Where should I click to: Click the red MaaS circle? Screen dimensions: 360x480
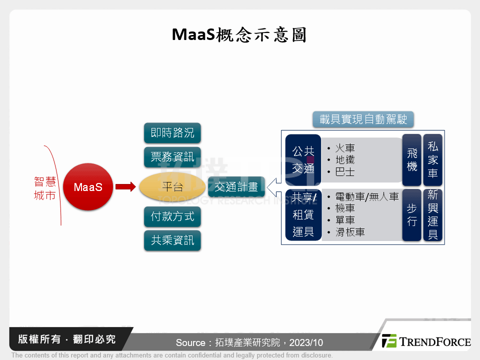pyautogui.click(x=88, y=187)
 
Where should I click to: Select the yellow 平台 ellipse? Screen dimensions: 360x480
pyautogui.click(x=172, y=187)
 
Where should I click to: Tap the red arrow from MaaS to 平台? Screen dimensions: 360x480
pyautogui.click(x=125, y=187)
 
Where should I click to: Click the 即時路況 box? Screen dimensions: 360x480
pyautogui.click(x=172, y=133)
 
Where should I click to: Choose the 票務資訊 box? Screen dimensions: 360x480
pyautogui.click(x=172, y=156)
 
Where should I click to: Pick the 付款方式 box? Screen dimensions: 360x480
pyautogui.click(x=172, y=216)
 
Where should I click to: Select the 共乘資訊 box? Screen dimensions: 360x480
pyautogui.click(x=172, y=240)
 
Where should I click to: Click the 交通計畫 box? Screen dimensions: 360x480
pyautogui.click(x=236, y=187)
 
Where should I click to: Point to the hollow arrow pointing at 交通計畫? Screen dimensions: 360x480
pyautogui.click(x=274, y=187)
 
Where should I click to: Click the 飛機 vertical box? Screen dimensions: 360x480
pyautogui.click(x=412, y=159)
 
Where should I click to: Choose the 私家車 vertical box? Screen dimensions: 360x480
pyautogui.click(x=433, y=159)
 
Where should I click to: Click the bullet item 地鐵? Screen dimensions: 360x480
pyautogui.click(x=345, y=160)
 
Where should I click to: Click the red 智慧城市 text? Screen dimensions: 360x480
pyautogui.click(x=45, y=188)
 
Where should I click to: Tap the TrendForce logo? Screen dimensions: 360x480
pyautogui.click(x=425, y=341)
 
